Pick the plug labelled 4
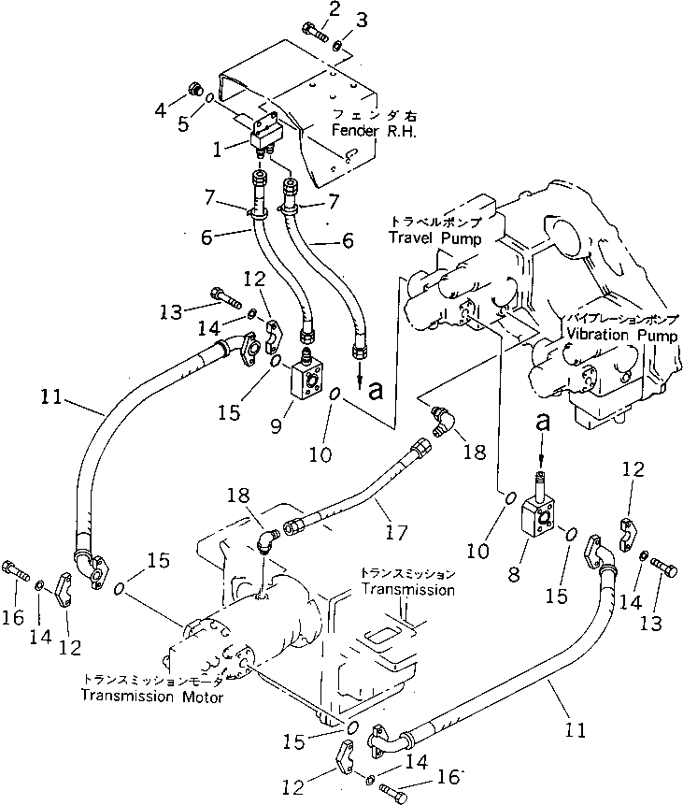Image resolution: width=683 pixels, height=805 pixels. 194,91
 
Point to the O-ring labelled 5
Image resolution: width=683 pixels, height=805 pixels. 211,96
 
